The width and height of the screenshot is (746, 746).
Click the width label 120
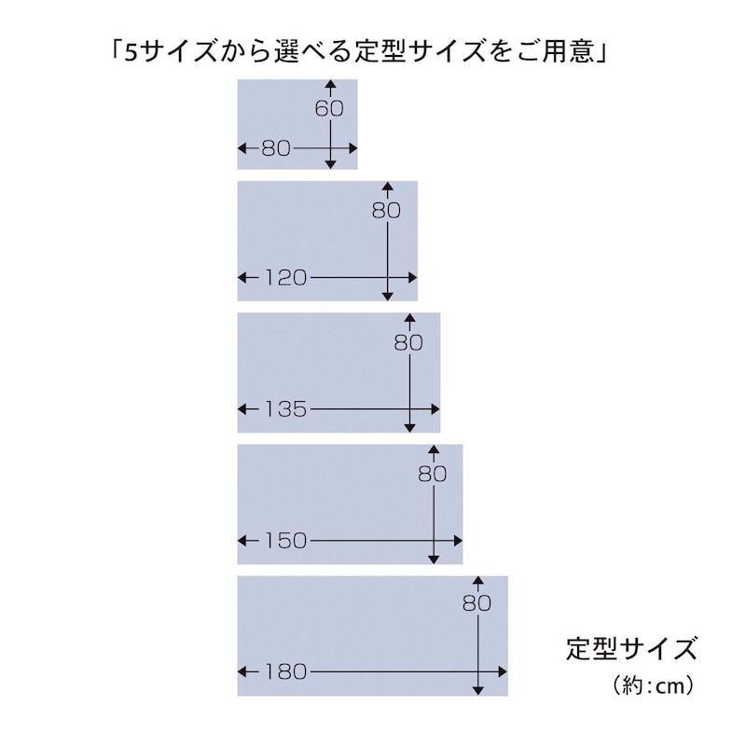pyautogui.click(x=285, y=278)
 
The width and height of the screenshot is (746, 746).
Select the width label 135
pyautogui.click(x=285, y=409)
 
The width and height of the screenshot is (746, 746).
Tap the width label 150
pyautogui.click(x=285, y=541)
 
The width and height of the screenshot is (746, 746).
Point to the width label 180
pyautogui.click(x=285, y=672)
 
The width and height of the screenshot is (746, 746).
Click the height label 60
pyautogui.click(x=329, y=108)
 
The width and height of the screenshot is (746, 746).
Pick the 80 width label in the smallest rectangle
pyautogui.click(x=276, y=149)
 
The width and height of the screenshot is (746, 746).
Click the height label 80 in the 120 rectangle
pyautogui.click(x=386, y=211)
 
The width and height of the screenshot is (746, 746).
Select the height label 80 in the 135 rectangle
pyautogui.click(x=408, y=342)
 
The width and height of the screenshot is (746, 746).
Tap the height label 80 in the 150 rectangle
pyautogui.click(x=433, y=475)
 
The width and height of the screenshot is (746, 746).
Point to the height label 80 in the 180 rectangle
pyautogui.click(x=477, y=603)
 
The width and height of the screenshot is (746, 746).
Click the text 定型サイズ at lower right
pyautogui.click(x=631, y=648)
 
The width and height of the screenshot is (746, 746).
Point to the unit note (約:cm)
pyautogui.click(x=653, y=686)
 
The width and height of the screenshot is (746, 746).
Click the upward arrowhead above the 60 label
pyautogui.click(x=331, y=84)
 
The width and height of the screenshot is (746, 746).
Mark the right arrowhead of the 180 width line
pyautogui.click(x=503, y=672)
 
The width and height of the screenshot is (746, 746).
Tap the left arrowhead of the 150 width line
pyautogui.click(x=242, y=541)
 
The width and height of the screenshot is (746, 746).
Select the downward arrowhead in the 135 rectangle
pyautogui.click(x=409, y=428)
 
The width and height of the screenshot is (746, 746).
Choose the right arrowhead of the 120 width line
pyautogui.click(x=412, y=278)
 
